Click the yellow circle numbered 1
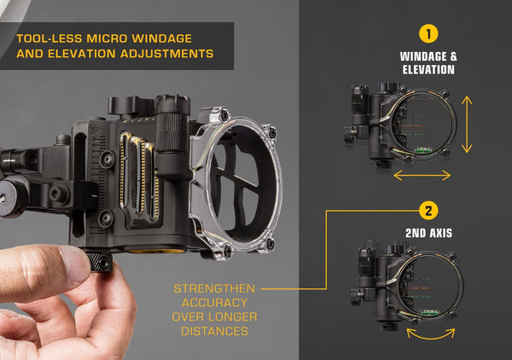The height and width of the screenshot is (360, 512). [x=426, y=34]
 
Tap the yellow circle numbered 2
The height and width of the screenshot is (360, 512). [x=426, y=209]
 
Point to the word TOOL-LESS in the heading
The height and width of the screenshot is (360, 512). [x=49, y=39]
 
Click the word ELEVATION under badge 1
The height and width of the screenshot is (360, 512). [x=427, y=70]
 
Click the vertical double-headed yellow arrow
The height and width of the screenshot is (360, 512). [x=466, y=124]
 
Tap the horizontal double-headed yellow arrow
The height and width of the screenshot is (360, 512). [x=422, y=175]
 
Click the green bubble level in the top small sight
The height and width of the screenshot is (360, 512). [x=423, y=150]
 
